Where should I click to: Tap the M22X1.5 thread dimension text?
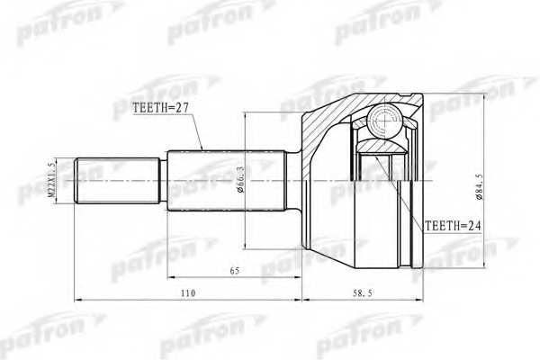(x=52, y=180)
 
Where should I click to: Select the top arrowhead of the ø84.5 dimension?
(x=484, y=96)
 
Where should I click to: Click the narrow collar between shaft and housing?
(x=294, y=180)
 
